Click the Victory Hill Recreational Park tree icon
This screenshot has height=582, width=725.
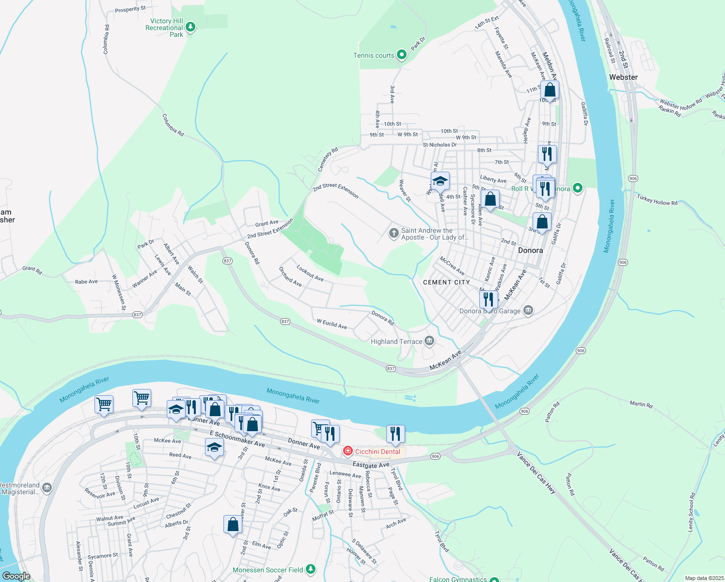point(190,27)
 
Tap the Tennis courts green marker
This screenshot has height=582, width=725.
point(401,55)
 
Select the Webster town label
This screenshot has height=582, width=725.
point(623,77)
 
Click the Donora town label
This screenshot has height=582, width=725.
point(530,250)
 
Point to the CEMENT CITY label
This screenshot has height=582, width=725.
point(446,282)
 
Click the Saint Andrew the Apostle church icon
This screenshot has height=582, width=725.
point(394,233)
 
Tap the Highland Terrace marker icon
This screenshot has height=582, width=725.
point(429,341)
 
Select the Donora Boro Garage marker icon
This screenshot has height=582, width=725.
point(528,310)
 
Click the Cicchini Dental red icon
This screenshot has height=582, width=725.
point(347,452)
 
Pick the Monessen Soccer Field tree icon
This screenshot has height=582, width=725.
point(311,569)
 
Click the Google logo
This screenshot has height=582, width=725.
point(16,576)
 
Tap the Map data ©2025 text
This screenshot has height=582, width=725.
point(703,578)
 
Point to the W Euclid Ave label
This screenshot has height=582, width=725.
point(332,324)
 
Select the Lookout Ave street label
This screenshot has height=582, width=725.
point(310,273)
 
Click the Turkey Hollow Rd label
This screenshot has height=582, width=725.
point(657,200)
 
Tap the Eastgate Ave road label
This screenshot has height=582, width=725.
point(371,465)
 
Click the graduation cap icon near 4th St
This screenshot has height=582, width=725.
point(440,181)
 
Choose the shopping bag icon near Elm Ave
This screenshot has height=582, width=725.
point(233,524)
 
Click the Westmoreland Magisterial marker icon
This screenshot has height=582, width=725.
point(47,488)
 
